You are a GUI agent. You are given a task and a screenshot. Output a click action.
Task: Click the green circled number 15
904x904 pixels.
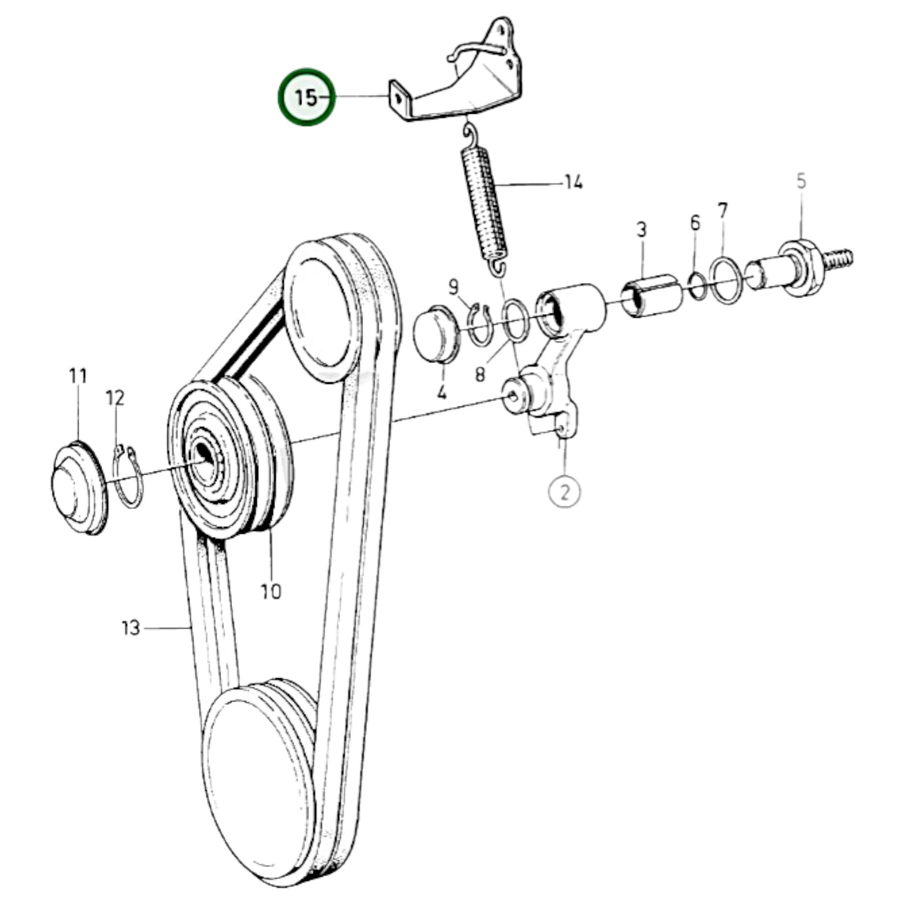[x=307, y=97]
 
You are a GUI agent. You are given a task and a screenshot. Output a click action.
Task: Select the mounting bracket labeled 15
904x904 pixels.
[x=463, y=88]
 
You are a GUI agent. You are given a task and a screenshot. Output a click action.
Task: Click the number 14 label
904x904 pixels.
[x=573, y=183]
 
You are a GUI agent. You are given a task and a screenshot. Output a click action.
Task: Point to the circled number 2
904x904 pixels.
[x=564, y=492]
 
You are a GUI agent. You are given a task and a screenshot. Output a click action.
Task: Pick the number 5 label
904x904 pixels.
[x=801, y=182]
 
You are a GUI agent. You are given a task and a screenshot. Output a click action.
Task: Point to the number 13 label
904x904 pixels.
[x=130, y=627]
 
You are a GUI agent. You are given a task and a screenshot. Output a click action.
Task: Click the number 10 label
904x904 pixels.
[x=271, y=591]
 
